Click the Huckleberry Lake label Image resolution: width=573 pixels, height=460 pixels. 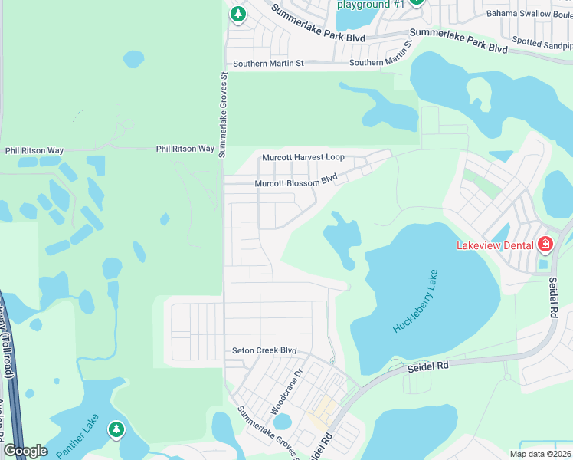click(x=416, y=301)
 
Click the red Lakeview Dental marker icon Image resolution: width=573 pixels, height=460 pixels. click(x=545, y=245)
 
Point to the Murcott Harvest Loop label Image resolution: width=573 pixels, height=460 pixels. click(x=303, y=157)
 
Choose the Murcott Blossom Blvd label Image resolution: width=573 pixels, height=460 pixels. click(x=296, y=182)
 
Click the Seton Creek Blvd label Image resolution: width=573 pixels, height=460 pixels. click(x=264, y=350)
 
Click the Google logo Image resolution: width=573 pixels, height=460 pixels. click(x=25, y=451)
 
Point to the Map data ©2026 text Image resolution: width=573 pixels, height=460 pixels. click(x=539, y=454)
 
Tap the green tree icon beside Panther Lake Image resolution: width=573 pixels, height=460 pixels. click(x=116, y=430)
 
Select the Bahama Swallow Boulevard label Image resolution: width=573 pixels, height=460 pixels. click(x=529, y=14)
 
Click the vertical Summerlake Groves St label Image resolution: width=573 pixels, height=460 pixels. click(x=223, y=115)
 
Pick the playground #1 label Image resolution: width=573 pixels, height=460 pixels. click(x=371, y=4)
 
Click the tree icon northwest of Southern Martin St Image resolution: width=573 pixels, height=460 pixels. click(x=238, y=13)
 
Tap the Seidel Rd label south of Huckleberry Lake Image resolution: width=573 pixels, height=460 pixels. click(x=429, y=366)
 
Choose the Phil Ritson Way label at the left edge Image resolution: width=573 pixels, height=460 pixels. click(x=34, y=151)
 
